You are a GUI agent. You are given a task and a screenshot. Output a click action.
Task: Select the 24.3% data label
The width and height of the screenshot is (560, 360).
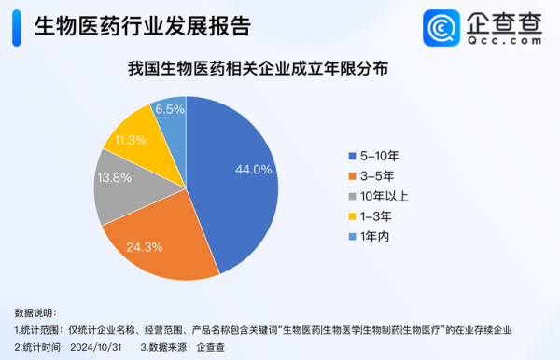(x=152, y=247)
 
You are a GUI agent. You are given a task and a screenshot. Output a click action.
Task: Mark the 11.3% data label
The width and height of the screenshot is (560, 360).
(x=131, y=140)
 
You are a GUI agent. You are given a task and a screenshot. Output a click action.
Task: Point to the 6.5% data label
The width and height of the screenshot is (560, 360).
(x=169, y=109)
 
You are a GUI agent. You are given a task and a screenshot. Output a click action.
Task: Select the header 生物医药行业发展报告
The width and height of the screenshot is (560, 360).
(x=142, y=26)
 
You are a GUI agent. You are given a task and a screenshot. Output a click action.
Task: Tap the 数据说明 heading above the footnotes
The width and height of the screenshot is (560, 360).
(x=35, y=312)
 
